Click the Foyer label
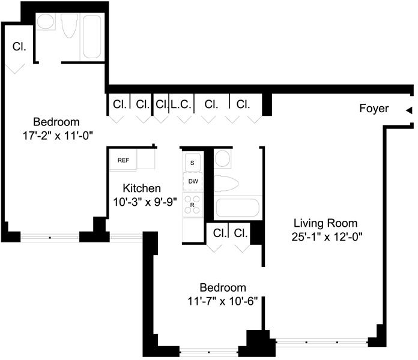click(374, 109)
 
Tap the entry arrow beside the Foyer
click(409, 110)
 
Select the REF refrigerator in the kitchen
click(123, 160)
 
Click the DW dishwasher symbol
click(193, 181)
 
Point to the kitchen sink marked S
click(192, 162)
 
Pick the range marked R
click(192, 205)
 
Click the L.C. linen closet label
click(181, 104)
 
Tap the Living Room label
click(326, 223)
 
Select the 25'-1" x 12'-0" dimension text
click(327, 236)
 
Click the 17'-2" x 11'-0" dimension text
click(58, 136)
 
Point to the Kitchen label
click(142, 188)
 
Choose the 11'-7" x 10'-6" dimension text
click(223, 301)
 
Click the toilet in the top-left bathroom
click(70, 25)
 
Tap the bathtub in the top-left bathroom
click(92, 37)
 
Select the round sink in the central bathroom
click(222, 158)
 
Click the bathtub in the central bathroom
click(237, 208)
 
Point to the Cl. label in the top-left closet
click(19, 47)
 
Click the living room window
click(322, 342)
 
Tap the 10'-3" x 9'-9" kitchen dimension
click(145, 202)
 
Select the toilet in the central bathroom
click(226, 183)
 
